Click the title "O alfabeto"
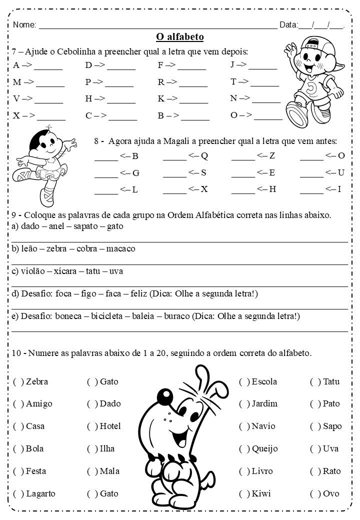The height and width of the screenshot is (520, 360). pyautogui.click(x=179, y=37)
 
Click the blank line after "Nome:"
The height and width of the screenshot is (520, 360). pyautogui.click(x=157, y=26)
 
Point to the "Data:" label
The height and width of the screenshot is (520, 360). pyautogui.click(x=288, y=25)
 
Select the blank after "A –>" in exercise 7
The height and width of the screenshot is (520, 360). pyautogui.click(x=48, y=67)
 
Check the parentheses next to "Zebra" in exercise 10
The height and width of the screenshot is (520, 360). pyautogui.click(x=18, y=382)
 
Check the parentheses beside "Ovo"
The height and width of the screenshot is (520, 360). pyautogui.click(x=315, y=494)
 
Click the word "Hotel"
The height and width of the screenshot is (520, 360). pyautogui.click(x=110, y=426)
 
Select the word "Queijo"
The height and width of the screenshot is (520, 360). pyautogui.click(x=264, y=449)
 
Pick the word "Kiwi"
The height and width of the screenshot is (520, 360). pyautogui.click(x=261, y=494)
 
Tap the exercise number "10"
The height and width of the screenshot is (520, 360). pyautogui.click(x=16, y=353)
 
